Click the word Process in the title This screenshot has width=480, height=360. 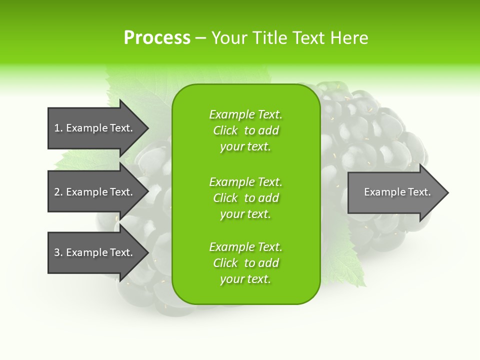pyautogui.click(x=157, y=38)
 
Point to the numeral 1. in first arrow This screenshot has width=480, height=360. pyautogui.click(x=58, y=128)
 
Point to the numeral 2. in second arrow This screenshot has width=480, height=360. pyautogui.click(x=58, y=192)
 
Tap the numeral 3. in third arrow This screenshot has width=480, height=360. pyautogui.click(x=58, y=252)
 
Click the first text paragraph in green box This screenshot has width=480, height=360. pyautogui.click(x=245, y=130)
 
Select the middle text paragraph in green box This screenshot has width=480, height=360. pyautogui.click(x=245, y=198)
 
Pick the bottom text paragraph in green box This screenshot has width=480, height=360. pyautogui.click(x=245, y=263)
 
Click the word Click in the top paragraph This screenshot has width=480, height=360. pyautogui.click(x=225, y=130)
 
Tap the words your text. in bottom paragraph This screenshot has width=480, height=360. pyautogui.click(x=245, y=279)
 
